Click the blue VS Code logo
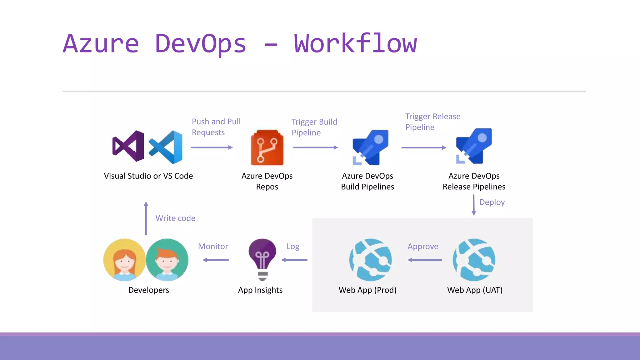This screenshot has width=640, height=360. (x=166, y=147)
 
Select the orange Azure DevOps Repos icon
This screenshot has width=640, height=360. (x=267, y=147)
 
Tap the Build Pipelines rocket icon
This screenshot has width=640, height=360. (x=370, y=147)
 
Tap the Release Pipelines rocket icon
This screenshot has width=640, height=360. (x=474, y=146)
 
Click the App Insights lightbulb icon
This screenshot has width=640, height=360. (x=262, y=259)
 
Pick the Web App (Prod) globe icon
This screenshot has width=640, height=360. (x=370, y=260)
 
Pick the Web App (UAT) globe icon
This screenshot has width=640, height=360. (x=474, y=260)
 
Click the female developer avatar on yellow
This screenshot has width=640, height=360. (x=124, y=260)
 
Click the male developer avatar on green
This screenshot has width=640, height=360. (x=167, y=260)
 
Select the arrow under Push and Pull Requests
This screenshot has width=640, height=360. (x=212, y=147)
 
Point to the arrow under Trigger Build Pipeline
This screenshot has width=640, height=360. (x=315, y=147)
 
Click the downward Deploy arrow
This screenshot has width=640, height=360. (x=474, y=205)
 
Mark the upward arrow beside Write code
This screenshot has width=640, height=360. (x=146, y=218)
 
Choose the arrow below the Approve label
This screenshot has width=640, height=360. (x=425, y=260)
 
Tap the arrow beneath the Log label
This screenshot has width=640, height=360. (x=294, y=260)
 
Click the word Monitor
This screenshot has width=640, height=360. (x=213, y=246)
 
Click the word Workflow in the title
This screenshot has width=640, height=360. (x=355, y=44)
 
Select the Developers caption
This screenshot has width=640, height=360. (x=149, y=290)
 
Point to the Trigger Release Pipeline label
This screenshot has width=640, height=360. (x=432, y=122)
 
